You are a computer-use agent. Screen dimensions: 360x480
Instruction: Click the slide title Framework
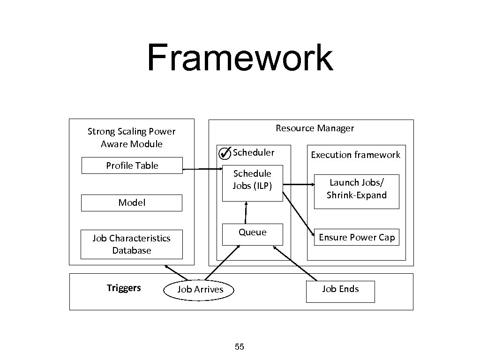(240, 58)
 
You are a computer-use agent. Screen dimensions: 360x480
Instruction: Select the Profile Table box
(132, 165)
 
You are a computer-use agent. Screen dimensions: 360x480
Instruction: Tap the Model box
(132, 202)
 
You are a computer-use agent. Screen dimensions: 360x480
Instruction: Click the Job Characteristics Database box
(132, 244)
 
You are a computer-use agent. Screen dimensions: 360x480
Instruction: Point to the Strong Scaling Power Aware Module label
(131, 137)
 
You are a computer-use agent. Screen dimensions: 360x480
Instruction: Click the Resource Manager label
(315, 128)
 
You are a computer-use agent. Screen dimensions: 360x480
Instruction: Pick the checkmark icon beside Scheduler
(225, 153)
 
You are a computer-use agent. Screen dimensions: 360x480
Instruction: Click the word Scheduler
(254, 152)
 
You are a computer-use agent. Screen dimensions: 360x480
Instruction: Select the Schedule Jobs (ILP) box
(252, 183)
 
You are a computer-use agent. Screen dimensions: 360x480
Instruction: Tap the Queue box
(252, 233)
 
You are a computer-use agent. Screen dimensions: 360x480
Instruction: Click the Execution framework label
(355, 155)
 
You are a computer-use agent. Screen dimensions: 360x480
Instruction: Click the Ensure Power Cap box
(357, 237)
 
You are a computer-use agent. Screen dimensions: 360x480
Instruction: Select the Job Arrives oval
(200, 290)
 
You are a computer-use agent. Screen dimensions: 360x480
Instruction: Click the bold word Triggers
(123, 288)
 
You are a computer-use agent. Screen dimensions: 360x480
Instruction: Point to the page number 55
(240, 347)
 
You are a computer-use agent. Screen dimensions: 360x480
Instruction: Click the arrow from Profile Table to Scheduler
(202, 169)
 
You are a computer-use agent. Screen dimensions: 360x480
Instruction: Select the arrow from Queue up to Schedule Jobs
(245, 212)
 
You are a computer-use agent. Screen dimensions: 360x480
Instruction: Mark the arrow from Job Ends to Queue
(295, 263)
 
